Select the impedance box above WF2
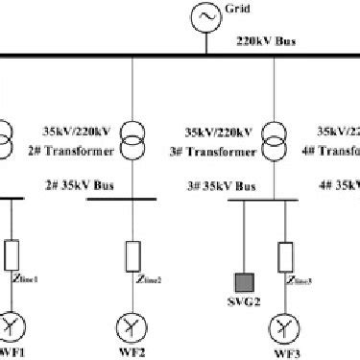pos(133,254)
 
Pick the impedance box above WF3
pos(283,254)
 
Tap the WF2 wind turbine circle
pos(133,319)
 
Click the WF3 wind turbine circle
pos(283,319)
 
